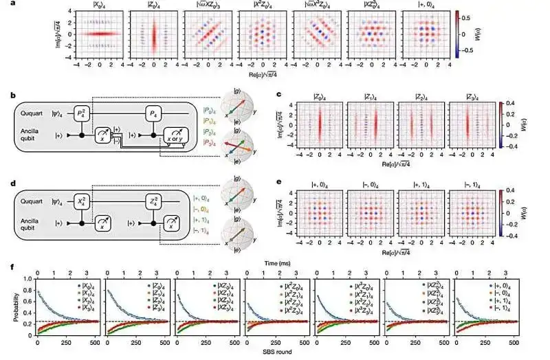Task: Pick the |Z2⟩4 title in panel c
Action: click(426, 96)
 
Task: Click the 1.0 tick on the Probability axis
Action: click(29, 278)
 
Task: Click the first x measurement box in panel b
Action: click(107, 130)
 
